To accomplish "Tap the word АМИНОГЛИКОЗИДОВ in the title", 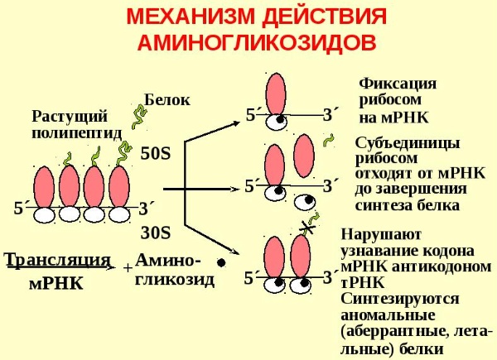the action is [257, 42].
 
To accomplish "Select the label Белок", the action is [167, 100].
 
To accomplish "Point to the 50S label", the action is [156, 154].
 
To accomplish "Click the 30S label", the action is [156, 233].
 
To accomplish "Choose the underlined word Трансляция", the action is [58, 260].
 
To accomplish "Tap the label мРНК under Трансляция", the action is [56, 283].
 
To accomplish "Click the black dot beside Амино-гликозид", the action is [221, 262].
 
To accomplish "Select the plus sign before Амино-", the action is [128, 268].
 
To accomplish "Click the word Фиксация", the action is [398, 84].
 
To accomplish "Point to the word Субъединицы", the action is [408, 143].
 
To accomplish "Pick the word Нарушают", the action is [381, 234].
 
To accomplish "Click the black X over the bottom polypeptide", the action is [307, 227].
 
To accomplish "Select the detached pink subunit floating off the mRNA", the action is [304, 156].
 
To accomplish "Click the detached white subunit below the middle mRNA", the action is [304, 203].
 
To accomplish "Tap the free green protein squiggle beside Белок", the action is [139, 117].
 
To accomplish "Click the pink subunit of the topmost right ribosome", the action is [276, 94].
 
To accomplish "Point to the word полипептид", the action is [77, 133].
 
